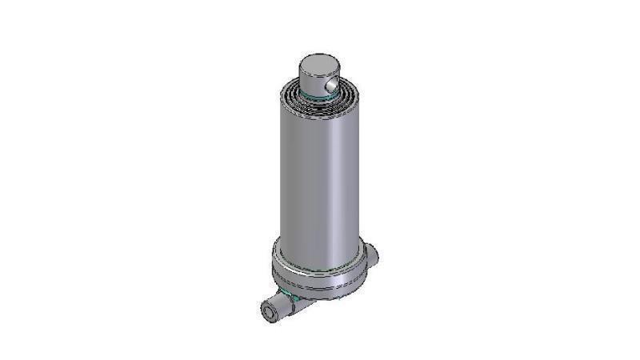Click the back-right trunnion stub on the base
[371, 255]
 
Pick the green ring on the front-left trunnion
[294, 298]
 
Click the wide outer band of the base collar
[320, 274]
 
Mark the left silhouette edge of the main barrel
[279, 176]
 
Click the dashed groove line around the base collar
[320, 282]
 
